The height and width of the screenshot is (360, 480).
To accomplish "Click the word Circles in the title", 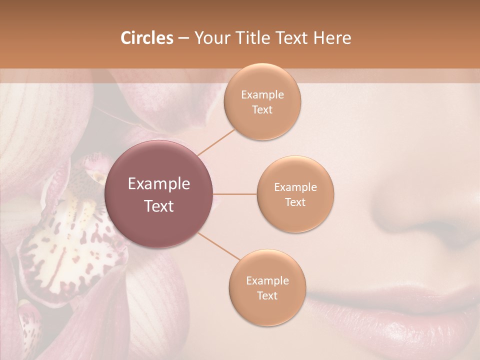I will (x=146, y=38).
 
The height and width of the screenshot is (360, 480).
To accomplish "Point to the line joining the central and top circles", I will (x=216, y=141).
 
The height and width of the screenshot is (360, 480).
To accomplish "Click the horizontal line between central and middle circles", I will (x=234, y=194).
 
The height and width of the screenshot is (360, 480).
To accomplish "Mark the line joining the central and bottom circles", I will (x=219, y=247).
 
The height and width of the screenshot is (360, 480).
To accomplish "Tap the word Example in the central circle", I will (x=159, y=184).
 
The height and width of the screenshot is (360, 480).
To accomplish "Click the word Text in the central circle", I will (x=159, y=206).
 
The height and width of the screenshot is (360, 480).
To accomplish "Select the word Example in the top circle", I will (x=262, y=95).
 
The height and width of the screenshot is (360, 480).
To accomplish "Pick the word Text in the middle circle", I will (x=295, y=202).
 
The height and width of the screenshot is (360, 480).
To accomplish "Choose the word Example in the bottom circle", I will (x=267, y=281).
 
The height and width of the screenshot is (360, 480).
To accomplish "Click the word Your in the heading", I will (x=209, y=38).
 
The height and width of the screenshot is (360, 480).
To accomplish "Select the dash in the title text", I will (x=183, y=38).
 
